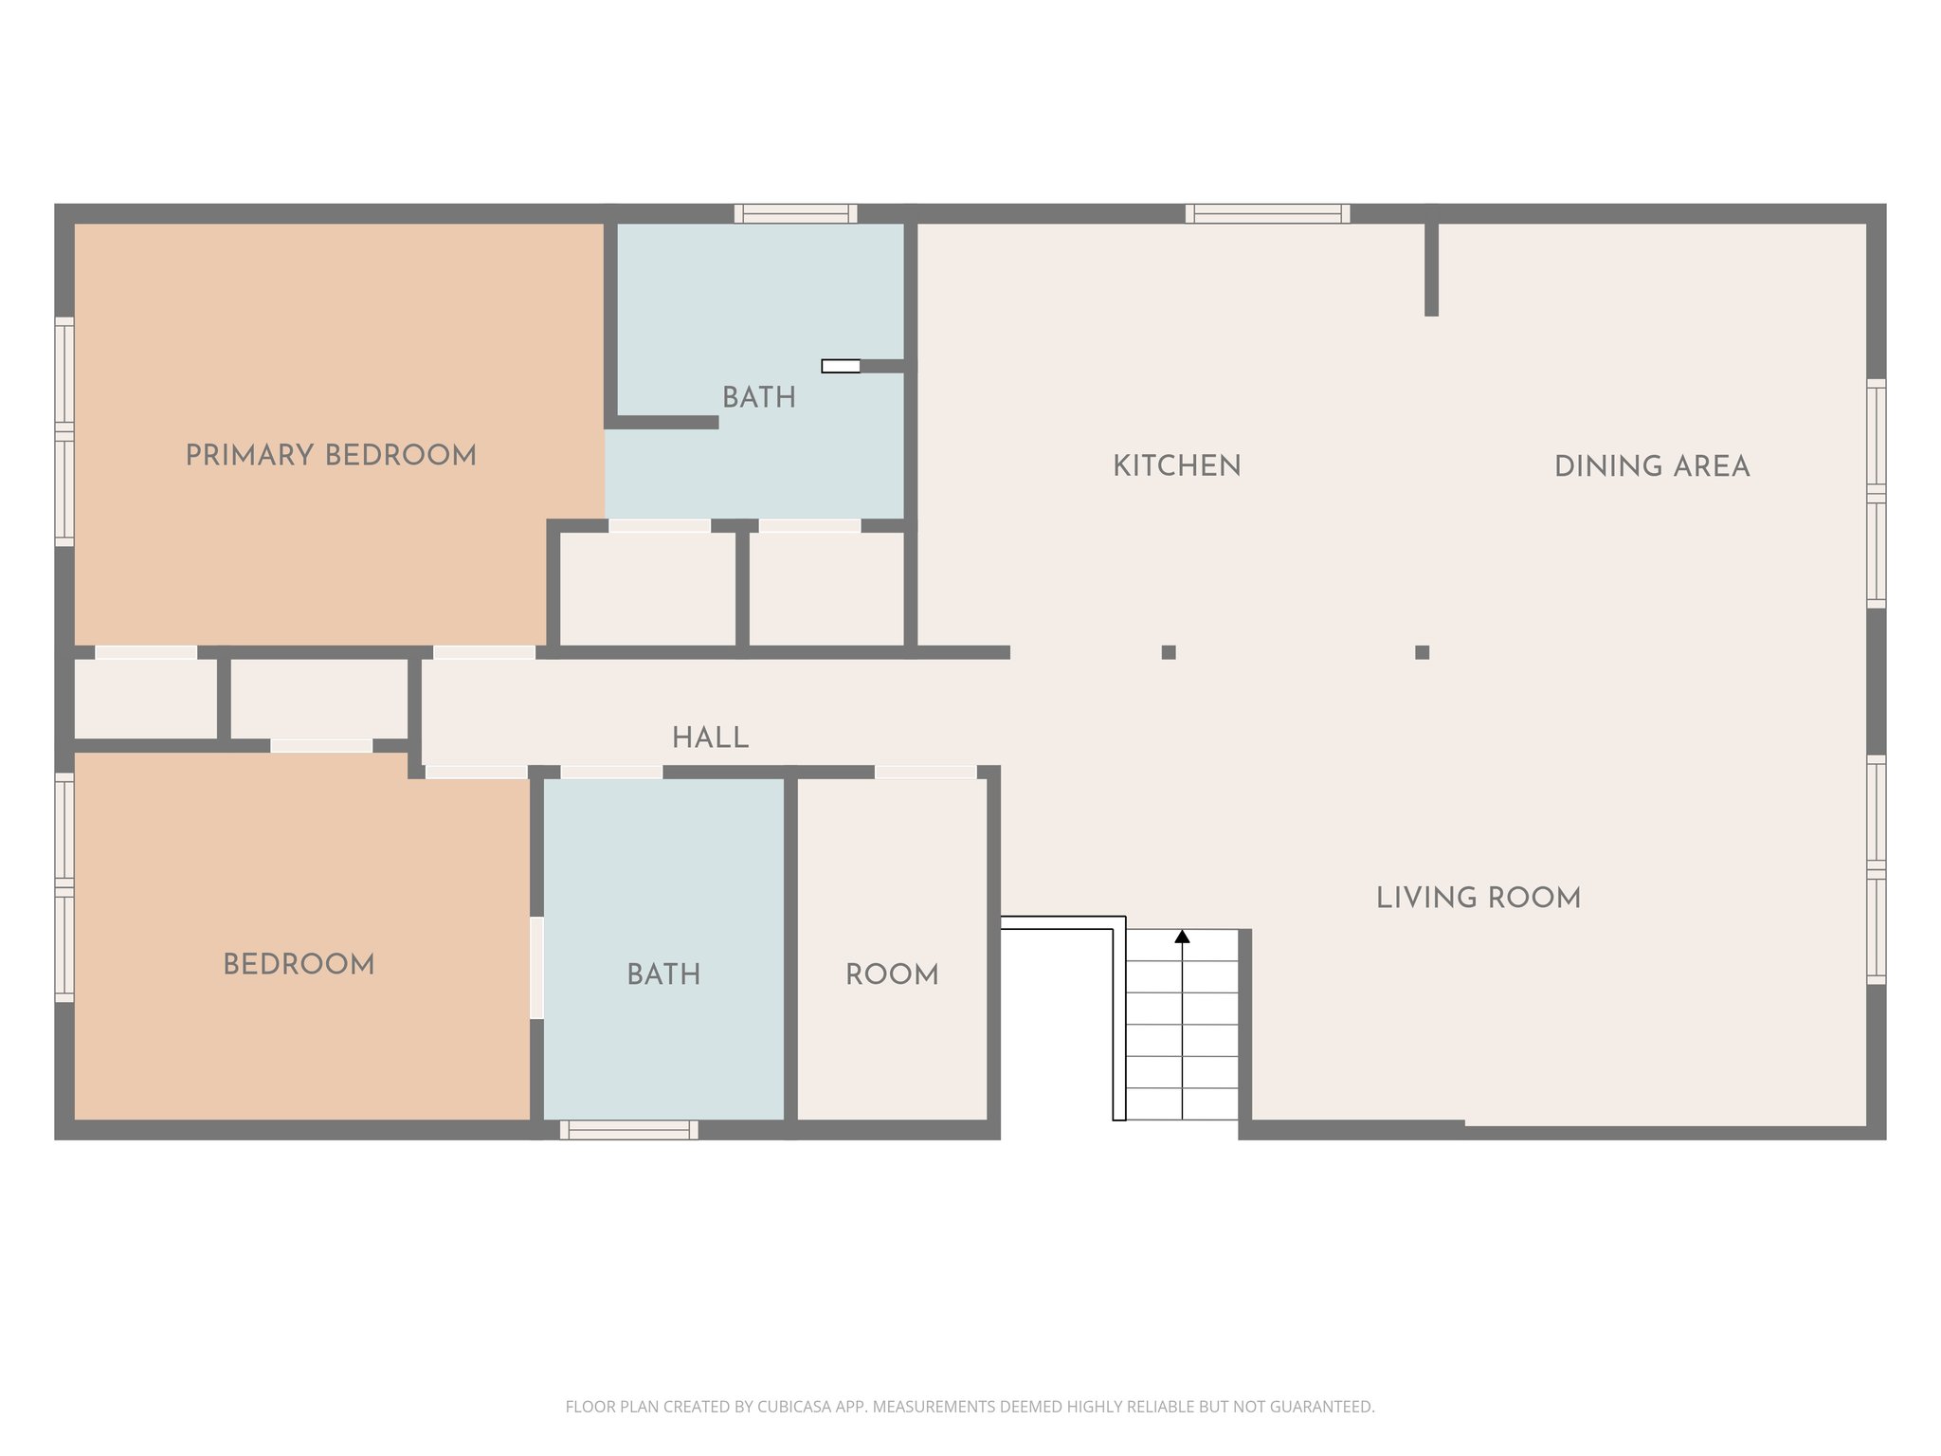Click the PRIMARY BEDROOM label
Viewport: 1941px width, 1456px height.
pos(331,455)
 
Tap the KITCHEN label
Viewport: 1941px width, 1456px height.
pos(1176,465)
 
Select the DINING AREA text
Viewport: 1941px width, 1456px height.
pos(1651,465)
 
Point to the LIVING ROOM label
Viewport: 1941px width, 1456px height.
pos(1478,897)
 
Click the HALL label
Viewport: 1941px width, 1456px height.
pos(710,737)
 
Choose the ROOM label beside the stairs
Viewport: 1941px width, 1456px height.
pos(892,974)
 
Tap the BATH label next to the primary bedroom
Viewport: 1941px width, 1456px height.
pos(758,397)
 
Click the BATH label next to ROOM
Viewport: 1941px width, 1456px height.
pos(663,974)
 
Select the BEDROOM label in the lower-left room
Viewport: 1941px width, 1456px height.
pos(299,964)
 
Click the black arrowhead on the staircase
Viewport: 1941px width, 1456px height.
pos(1182,937)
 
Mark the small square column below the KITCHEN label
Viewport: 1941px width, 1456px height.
pos(1169,652)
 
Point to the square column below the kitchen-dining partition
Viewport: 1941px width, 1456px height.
pos(1422,652)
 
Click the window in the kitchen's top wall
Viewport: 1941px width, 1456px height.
pos(1267,213)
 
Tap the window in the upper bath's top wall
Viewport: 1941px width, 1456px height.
pos(795,213)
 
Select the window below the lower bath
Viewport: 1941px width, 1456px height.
pos(628,1129)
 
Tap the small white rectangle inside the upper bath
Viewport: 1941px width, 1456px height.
pos(840,366)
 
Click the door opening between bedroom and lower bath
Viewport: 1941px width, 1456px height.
pos(536,967)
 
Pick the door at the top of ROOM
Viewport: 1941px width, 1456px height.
pos(925,773)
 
